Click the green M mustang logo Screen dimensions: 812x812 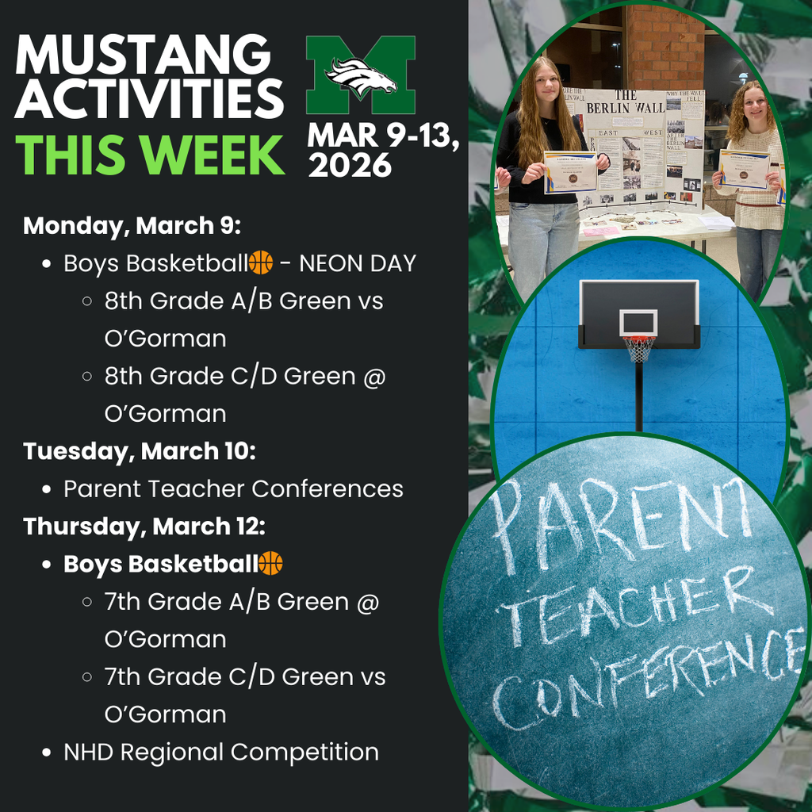(361, 75)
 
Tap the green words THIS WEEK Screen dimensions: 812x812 (150, 155)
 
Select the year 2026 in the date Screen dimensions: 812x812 (350, 166)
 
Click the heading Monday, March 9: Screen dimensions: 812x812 (132, 225)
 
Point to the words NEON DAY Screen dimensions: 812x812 (358, 263)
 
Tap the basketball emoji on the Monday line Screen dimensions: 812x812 (261, 262)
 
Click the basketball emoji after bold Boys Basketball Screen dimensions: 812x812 (271, 564)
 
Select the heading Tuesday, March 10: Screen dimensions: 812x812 (140, 451)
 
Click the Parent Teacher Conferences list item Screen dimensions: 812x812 (233, 488)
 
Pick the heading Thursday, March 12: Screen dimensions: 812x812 (144, 527)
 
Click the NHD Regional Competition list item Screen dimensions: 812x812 (221, 752)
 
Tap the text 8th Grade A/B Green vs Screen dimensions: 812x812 (243, 301)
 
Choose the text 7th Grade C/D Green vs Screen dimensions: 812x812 (245, 676)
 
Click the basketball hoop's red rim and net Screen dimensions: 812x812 (638, 347)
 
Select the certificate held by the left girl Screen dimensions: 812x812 (569, 172)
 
